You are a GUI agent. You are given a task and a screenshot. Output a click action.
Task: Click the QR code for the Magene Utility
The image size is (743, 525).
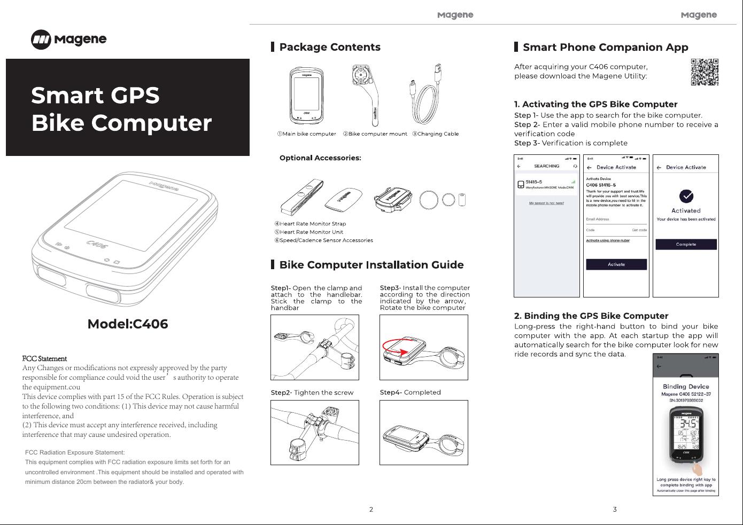click(x=705, y=72)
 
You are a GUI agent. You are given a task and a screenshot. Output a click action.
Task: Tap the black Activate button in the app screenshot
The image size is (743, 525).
click(x=616, y=264)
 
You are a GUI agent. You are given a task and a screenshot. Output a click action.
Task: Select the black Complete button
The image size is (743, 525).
click(x=686, y=244)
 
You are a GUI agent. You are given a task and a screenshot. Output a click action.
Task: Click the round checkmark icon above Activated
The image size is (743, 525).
click(x=686, y=196)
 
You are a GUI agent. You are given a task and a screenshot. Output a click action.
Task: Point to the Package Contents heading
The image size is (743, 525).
click(x=330, y=47)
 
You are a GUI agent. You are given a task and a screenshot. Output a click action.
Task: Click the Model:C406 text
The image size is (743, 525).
click(x=128, y=324)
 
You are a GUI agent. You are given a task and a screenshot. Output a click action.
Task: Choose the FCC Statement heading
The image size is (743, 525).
click(x=44, y=358)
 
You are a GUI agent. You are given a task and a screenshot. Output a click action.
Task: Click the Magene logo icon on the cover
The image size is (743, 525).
click(x=41, y=40)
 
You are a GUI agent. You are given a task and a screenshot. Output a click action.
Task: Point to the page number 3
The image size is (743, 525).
click(x=615, y=510)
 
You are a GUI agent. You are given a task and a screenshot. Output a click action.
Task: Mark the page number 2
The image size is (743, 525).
click(x=371, y=510)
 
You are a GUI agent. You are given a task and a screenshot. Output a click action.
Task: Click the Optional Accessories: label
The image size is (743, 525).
click(x=320, y=158)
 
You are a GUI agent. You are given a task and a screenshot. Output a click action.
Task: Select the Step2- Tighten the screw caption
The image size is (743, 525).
click(x=312, y=393)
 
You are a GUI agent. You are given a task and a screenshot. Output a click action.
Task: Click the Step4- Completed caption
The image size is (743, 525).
click(x=411, y=393)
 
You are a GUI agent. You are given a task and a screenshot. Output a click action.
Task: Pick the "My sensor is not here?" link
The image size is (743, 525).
click(x=546, y=203)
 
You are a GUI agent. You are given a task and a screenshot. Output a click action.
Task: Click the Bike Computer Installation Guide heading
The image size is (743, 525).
click(x=371, y=265)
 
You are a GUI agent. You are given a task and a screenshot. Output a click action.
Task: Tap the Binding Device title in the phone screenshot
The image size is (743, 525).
click(x=686, y=387)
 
